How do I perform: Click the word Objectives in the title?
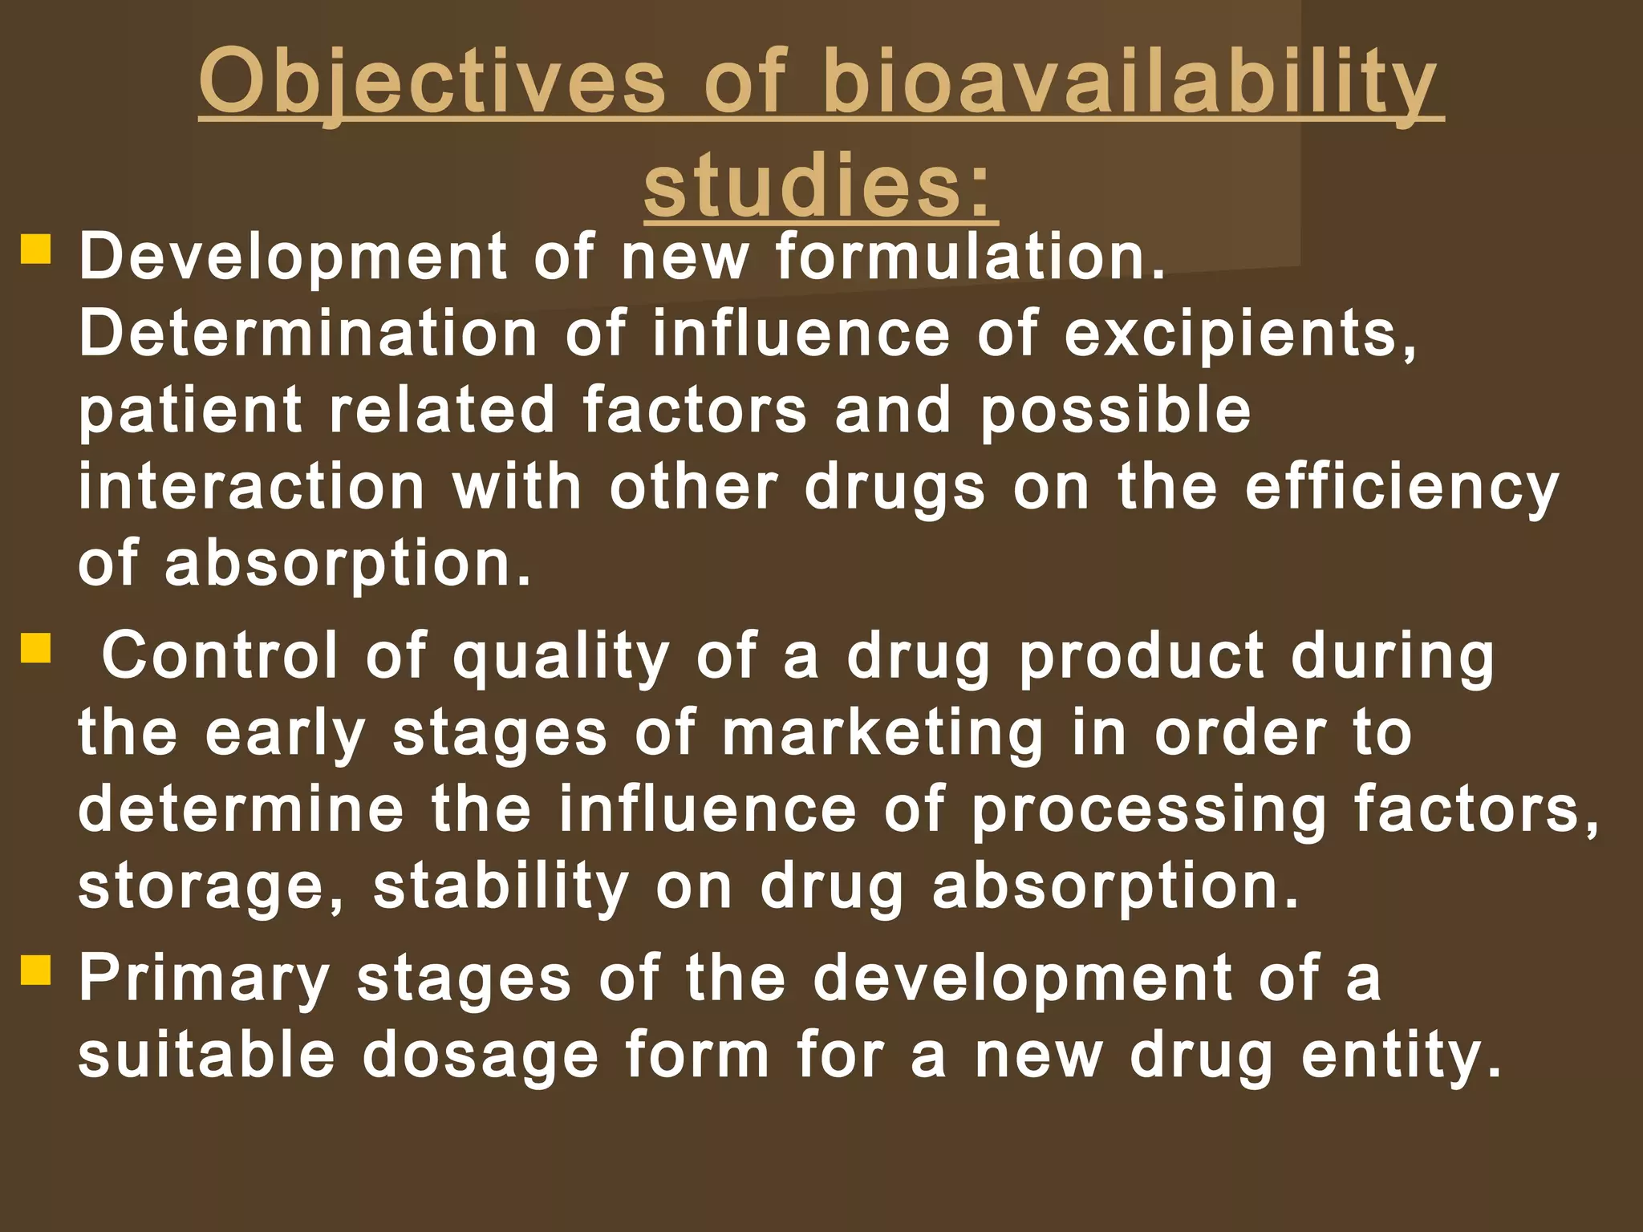432,83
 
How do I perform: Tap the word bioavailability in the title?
1130,83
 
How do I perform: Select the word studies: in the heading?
820,186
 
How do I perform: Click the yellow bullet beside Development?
36,249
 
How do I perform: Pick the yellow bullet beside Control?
36,647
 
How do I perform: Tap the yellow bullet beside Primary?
36,970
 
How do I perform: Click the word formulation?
970,257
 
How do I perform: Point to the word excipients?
1240,334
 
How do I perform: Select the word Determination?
308,334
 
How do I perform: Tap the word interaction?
251,488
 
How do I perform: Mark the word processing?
1149,810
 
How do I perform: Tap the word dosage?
481,1056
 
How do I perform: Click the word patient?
190,411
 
